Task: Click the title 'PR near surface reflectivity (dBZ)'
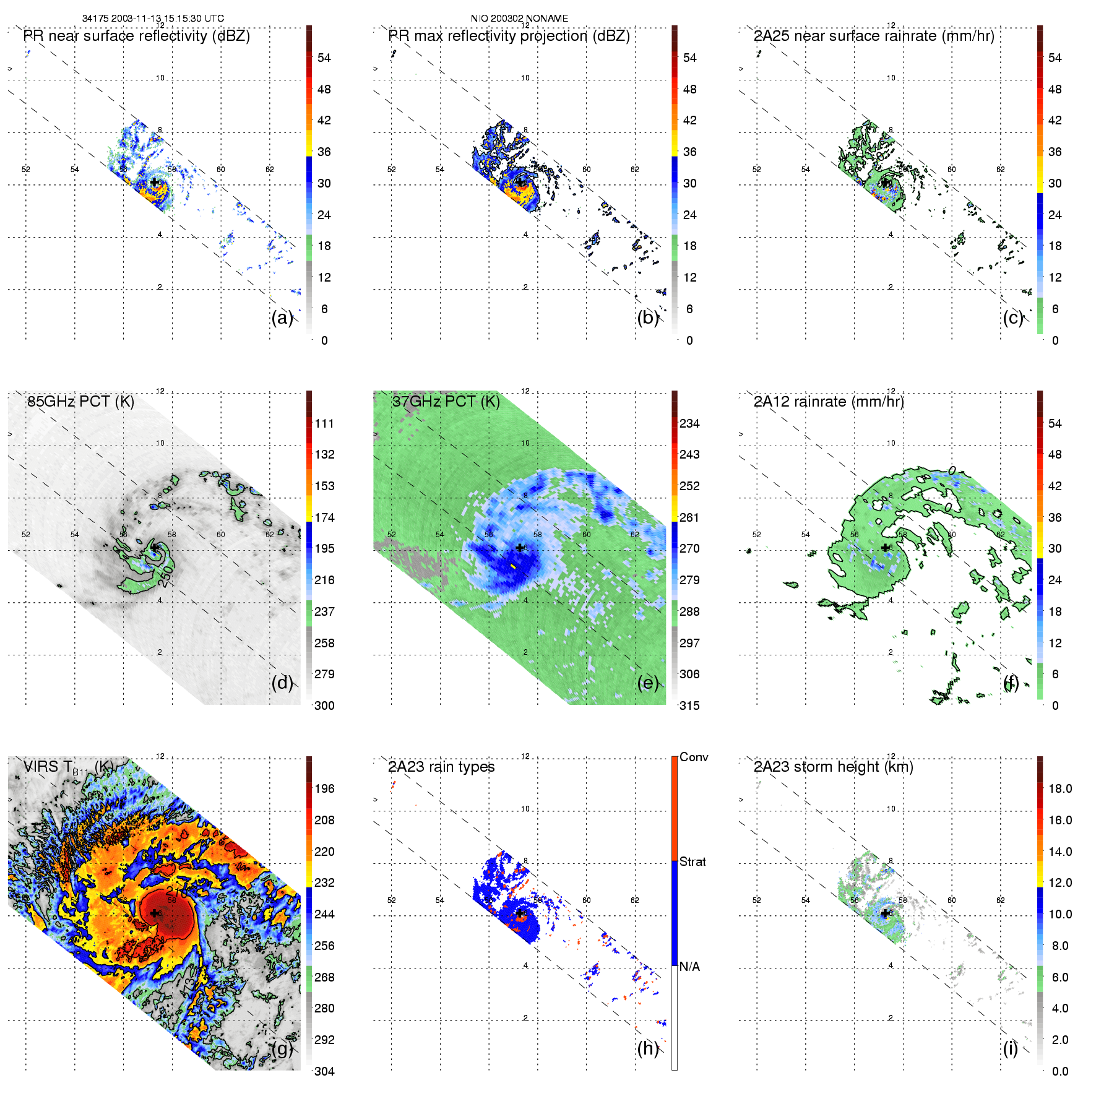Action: point(136,36)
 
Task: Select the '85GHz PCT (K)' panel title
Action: point(80,402)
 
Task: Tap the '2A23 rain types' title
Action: point(441,767)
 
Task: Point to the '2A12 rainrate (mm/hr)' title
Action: point(829,402)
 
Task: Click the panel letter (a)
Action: point(282,318)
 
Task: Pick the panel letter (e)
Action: point(647,683)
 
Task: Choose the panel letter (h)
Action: point(647,1048)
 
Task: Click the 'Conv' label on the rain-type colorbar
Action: point(694,757)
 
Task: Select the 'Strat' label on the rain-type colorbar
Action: point(693,862)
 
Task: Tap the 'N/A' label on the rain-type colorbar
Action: point(689,967)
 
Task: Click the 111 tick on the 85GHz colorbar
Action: point(324,424)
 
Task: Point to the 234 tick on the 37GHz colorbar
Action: point(689,424)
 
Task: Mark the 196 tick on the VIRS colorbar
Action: point(324,789)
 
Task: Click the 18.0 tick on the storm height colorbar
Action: point(1060,789)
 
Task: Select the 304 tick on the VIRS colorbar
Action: point(324,1071)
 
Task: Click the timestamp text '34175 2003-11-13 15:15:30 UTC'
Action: point(153,19)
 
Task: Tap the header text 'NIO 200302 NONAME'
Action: point(519,19)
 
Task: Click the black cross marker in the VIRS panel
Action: point(154,913)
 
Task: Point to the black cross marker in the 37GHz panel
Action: point(519,548)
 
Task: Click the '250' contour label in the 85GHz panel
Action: point(165,575)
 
